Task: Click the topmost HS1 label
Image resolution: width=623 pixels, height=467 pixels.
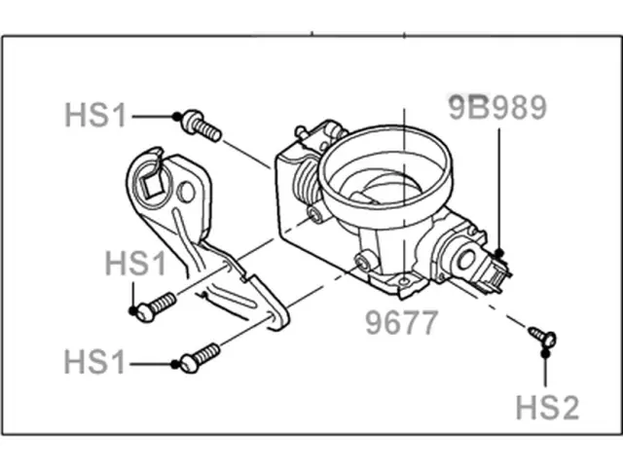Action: point(94,116)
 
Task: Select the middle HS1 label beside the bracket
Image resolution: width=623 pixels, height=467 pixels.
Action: point(136,264)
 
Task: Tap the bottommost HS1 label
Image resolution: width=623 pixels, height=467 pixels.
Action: point(94,364)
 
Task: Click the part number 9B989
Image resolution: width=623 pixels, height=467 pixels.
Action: point(496,108)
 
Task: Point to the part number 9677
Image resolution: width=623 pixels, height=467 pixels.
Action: point(402,323)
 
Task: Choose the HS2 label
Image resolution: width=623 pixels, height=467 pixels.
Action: point(547,407)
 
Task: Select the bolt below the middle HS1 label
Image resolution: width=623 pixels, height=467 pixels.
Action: point(156,305)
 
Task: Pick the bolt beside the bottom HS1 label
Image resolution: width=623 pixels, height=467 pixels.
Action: point(199,357)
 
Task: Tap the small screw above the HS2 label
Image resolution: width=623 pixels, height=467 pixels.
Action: point(541,337)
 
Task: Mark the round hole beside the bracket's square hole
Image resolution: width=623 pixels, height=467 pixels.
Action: point(184,193)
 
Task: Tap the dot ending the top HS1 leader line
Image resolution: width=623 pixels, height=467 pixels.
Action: point(177,117)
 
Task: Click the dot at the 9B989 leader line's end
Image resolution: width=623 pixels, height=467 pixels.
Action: point(498,254)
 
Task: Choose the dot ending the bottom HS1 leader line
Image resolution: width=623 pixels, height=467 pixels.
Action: point(175,365)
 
